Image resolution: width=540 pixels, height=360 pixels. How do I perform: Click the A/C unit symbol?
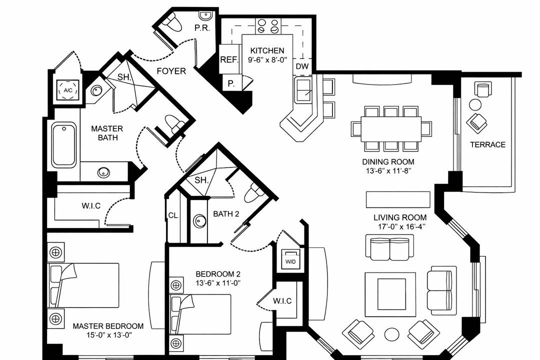(68, 90)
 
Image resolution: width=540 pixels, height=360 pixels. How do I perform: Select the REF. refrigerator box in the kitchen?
(229, 59)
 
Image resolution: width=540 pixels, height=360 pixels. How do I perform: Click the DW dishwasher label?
(302, 66)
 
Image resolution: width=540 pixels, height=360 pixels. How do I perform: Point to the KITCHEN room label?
(267, 50)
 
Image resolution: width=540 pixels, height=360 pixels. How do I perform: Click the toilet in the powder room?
(171, 23)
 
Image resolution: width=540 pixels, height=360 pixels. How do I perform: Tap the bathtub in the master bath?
(64, 145)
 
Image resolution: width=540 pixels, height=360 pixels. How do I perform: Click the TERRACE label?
(487, 145)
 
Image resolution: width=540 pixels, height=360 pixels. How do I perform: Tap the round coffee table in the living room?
(390, 333)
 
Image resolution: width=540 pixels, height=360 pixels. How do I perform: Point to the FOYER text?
(171, 71)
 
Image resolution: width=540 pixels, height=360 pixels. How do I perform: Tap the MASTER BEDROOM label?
(108, 326)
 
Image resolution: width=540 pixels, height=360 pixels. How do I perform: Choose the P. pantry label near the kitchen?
(230, 83)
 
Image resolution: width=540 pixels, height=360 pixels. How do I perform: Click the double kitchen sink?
(303, 90)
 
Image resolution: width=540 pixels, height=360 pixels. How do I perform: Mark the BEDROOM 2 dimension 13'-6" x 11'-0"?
(218, 283)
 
